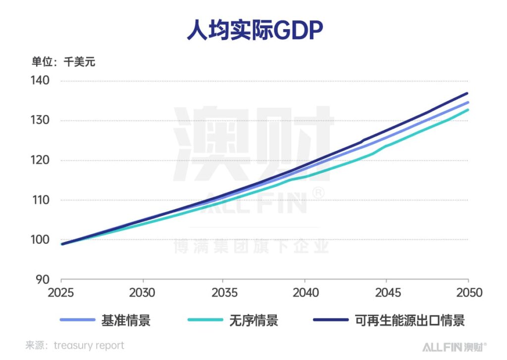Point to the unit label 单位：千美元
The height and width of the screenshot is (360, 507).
point(63,62)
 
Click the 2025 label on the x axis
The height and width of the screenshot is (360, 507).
point(61,293)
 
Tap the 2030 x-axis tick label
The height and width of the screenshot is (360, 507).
point(143,293)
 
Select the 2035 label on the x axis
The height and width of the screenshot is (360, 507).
point(224,293)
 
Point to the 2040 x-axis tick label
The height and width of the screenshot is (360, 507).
point(305,293)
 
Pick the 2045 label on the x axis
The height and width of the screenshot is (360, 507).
point(387,293)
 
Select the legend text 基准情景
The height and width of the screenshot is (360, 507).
point(126,320)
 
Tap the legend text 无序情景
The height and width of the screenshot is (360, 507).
point(253,320)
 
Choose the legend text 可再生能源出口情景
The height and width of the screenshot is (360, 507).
point(410,320)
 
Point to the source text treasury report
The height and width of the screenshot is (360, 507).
point(89,346)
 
